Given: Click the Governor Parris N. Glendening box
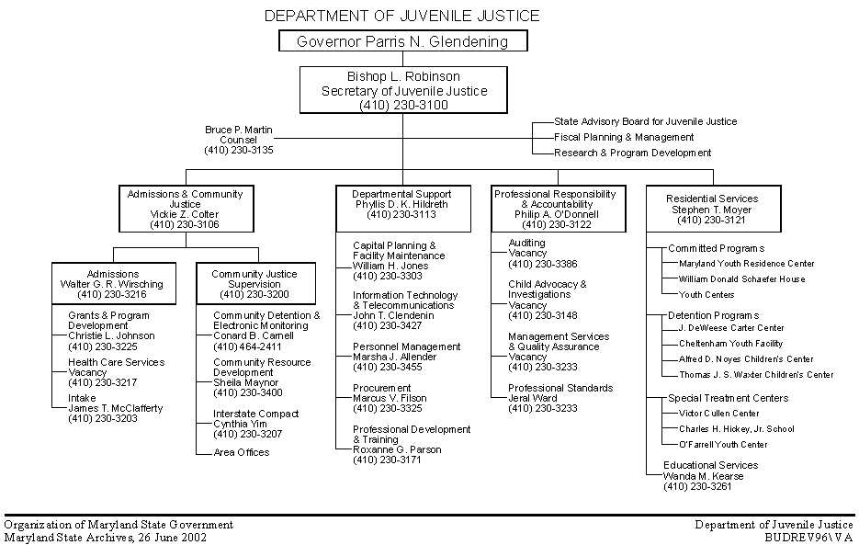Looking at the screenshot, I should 403,41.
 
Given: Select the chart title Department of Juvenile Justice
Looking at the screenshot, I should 401,16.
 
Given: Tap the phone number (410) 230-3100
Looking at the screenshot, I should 403,105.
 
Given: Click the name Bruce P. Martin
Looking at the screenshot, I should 239,130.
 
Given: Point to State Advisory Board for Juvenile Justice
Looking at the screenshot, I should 645,121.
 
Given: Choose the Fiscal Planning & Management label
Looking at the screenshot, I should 624,137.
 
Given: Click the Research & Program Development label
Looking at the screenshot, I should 633,153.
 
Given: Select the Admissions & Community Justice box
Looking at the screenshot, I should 185,209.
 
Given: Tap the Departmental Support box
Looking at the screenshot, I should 402,204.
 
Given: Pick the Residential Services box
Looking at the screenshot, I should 712,209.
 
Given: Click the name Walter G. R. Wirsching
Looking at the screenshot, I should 113,284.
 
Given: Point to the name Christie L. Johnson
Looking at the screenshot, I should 111,335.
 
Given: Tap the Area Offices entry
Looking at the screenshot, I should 242,452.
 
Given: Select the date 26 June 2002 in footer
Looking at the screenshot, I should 173,538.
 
